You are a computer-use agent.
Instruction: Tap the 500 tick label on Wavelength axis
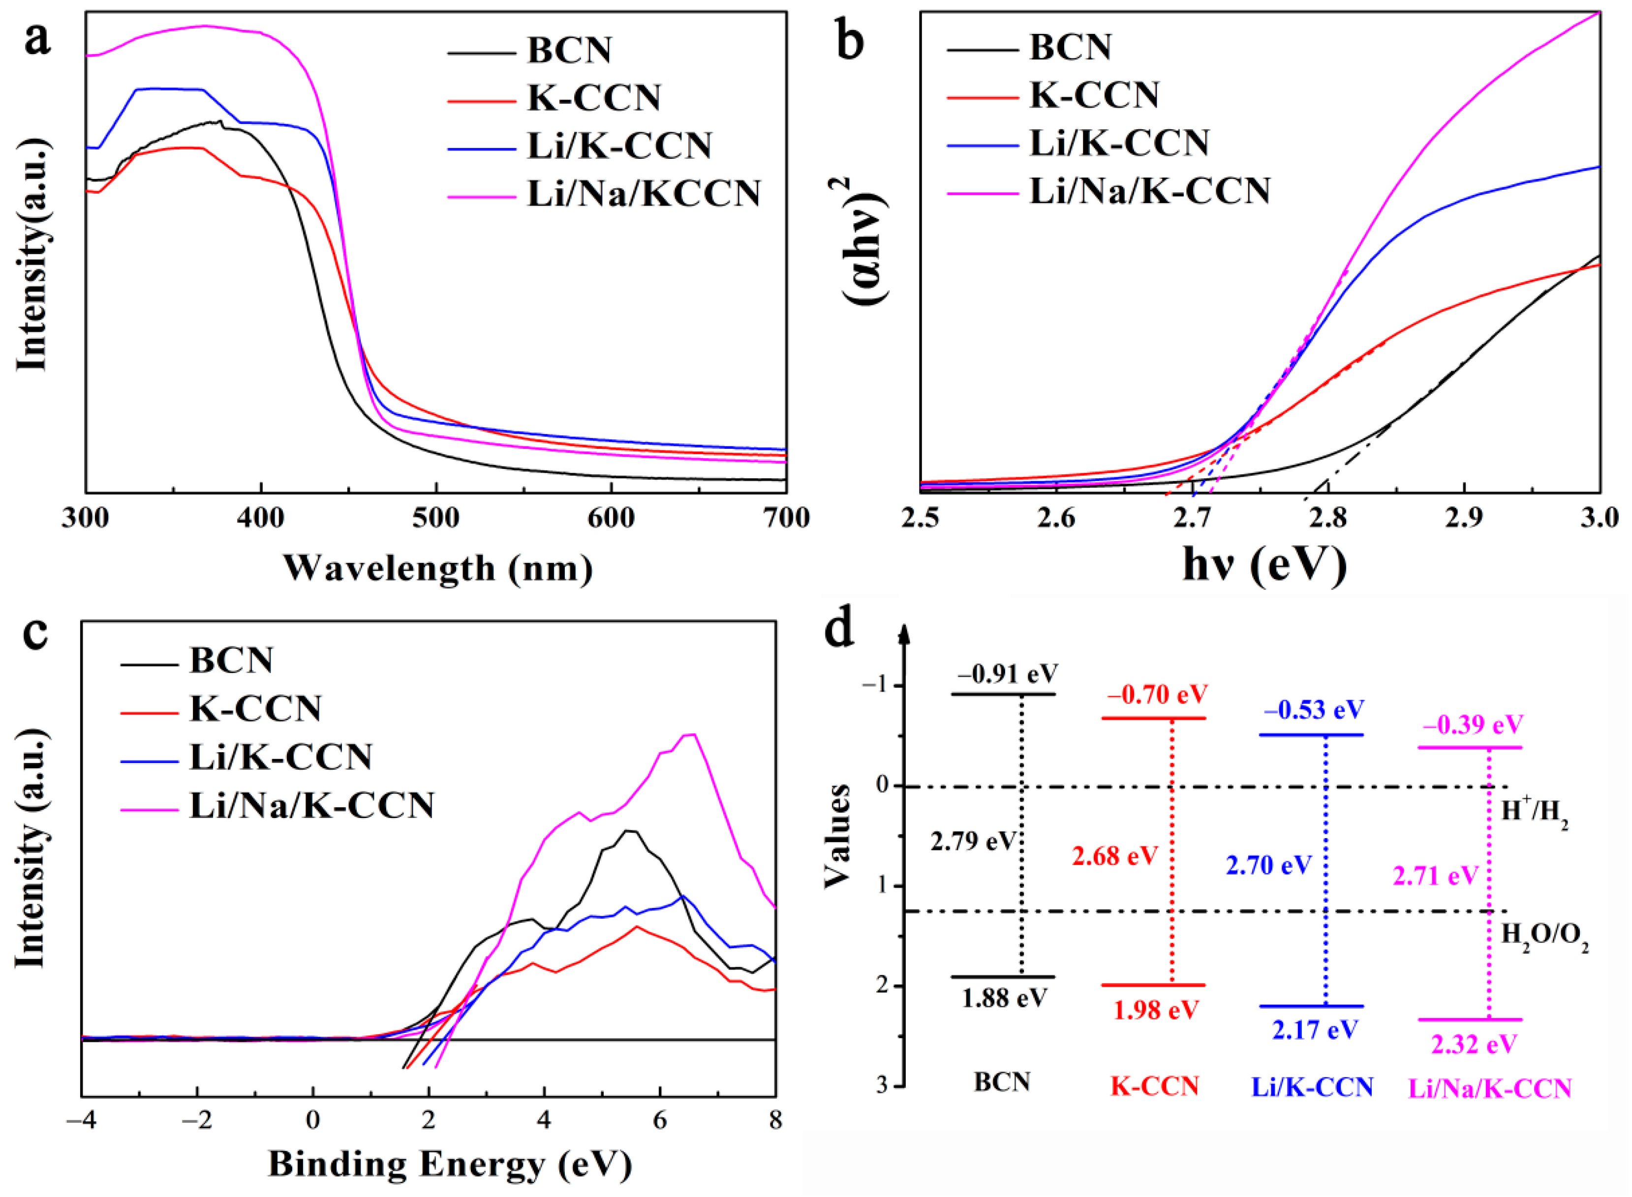pos(436,519)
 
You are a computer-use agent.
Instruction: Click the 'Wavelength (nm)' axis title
pos(438,568)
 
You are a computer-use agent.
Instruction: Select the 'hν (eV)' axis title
pos(1264,566)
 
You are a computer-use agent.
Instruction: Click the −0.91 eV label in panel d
pos(1008,674)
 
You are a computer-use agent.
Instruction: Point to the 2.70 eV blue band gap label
pos(1269,865)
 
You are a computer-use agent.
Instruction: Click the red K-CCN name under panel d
pos(1155,1086)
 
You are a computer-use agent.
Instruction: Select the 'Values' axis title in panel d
pos(837,835)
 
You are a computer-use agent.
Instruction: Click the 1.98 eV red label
pos(1156,1010)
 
